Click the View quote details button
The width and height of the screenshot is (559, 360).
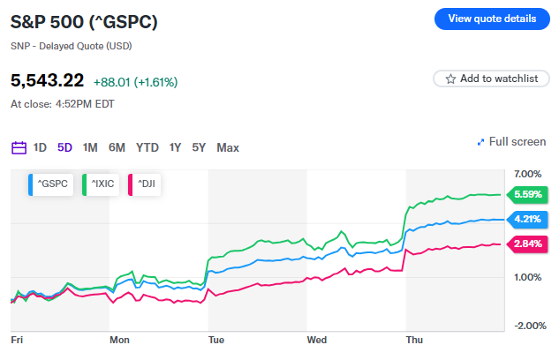point(492,18)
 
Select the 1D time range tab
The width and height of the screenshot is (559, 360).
point(41,147)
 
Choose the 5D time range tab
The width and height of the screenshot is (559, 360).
point(64,147)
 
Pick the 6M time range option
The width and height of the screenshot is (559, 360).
point(117,147)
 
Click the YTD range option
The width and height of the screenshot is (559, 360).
point(147,147)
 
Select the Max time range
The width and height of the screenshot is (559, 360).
point(228,147)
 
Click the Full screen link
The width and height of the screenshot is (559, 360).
point(511,141)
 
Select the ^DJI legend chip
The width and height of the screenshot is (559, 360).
point(149,184)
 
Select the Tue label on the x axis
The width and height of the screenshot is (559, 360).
point(216,339)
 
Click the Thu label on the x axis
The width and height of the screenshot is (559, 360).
point(413,339)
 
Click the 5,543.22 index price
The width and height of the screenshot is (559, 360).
point(47,81)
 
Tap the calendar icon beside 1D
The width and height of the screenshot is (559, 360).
point(19,147)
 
